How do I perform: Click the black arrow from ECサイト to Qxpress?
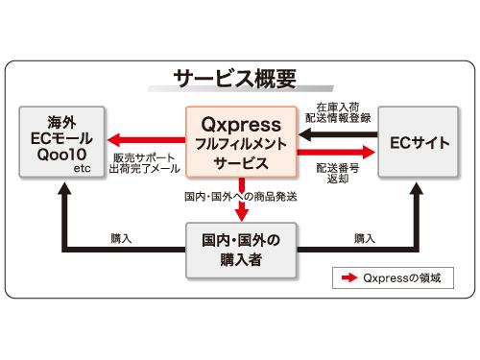[x=336, y=135]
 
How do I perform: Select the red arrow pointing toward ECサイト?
[x=336, y=152]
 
